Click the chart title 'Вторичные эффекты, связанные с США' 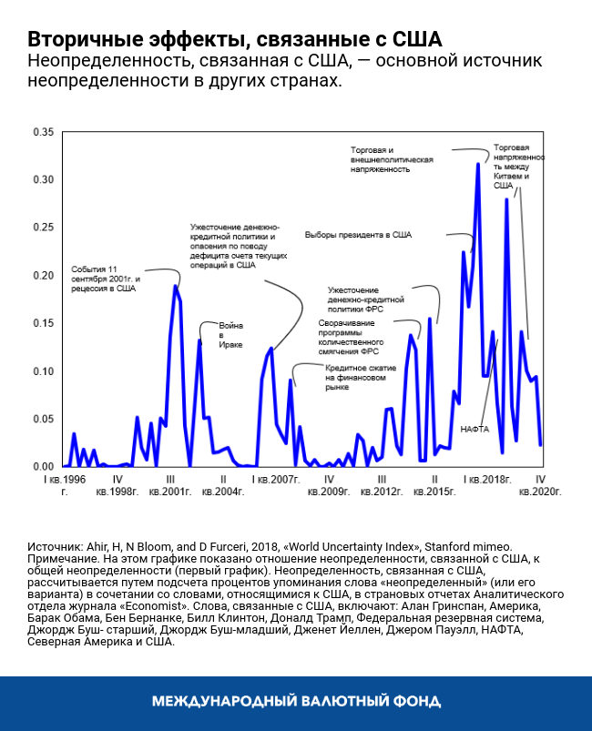pyautogui.click(x=234, y=39)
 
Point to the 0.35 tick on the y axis pyautogui.click(x=43, y=132)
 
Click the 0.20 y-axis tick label pyautogui.click(x=43, y=276)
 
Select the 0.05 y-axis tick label pyautogui.click(x=43, y=419)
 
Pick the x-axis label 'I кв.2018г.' pyautogui.click(x=486, y=479)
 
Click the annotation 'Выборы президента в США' pyautogui.click(x=358, y=235)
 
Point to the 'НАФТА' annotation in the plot pyautogui.click(x=475, y=428)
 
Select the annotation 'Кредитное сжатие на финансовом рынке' pyautogui.click(x=359, y=378)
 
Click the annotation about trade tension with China pyautogui.click(x=519, y=166)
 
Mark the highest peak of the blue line pyautogui.click(x=478, y=165)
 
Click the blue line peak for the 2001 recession pyautogui.click(x=176, y=287)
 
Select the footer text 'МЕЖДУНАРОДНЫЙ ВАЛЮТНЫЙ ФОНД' pyautogui.click(x=296, y=702)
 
